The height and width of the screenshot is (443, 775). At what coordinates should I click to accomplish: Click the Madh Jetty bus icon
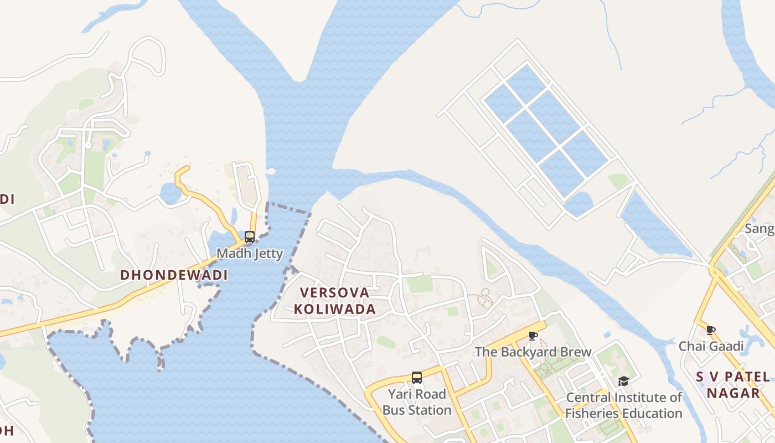click(250, 237)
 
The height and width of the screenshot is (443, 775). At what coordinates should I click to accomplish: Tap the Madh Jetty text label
click(250, 254)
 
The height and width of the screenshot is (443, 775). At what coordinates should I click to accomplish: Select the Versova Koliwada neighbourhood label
click(334, 301)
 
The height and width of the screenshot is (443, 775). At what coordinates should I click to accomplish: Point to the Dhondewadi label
click(174, 275)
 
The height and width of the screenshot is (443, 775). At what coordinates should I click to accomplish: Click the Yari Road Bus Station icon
click(417, 378)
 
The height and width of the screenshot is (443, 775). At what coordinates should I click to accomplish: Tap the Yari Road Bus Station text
click(417, 402)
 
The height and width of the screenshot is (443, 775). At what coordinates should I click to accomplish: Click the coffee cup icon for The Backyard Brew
click(533, 336)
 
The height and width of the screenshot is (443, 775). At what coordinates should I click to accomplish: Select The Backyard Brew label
click(533, 352)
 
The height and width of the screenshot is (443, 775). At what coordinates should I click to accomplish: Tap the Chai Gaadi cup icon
click(711, 331)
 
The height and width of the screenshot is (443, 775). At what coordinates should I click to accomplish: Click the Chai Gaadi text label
click(711, 347)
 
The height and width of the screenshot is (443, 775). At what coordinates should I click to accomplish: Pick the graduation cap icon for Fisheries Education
click(623, 381)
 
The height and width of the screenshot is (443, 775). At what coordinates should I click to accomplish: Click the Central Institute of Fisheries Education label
click(624, 405)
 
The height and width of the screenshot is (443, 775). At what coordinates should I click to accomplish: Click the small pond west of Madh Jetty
click(170, 193)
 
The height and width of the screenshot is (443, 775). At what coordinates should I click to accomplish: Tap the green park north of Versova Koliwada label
click(420, 284)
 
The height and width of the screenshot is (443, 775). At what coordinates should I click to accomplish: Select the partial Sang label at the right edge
click(759, 229)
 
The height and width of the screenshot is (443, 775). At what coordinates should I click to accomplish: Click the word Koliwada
click(334, 309)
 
